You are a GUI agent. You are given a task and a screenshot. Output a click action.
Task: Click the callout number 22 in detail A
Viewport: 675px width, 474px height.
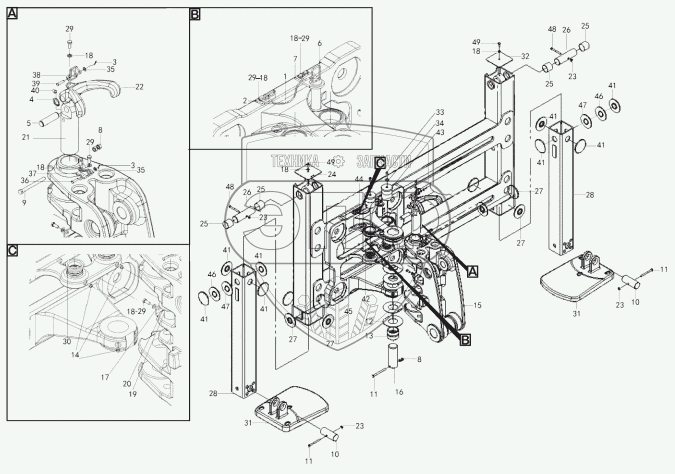(x=139, y=87)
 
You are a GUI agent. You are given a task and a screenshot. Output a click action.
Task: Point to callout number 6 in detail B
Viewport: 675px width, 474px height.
(x=319, y=43)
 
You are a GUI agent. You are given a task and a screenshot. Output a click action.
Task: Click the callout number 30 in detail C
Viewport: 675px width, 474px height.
(x=67, y=342)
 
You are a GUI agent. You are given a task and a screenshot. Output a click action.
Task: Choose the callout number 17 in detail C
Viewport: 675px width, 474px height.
(x=104, y=378)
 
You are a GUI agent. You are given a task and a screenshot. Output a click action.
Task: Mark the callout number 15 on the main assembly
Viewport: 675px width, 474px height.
(x=477, y=305)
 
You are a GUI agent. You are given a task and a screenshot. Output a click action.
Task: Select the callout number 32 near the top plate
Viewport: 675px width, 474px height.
(x=524, y=56)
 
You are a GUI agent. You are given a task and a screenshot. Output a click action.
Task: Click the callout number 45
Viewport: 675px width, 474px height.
(x=348, y=311)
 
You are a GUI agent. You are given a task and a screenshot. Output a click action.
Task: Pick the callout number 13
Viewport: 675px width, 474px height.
(x=368, y=336)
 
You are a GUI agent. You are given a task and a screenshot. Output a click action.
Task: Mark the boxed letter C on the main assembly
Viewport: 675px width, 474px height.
(x=380, y=162)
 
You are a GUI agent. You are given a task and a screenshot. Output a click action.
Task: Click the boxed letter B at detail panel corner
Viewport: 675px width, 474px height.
(x=194, y=14)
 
